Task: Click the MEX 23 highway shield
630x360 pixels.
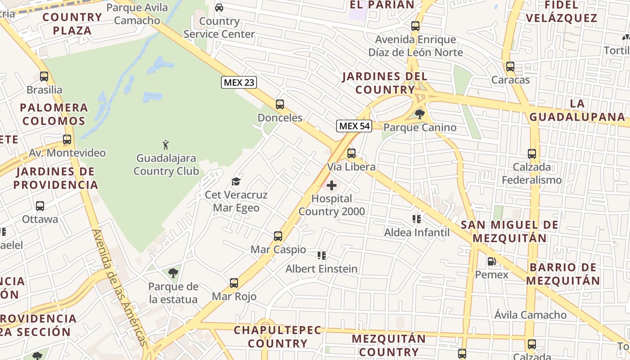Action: [239, 82]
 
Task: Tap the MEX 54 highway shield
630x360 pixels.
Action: [354, 126]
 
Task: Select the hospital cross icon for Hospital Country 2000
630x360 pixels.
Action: [332, 185]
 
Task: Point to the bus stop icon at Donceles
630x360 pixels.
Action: [280, 104]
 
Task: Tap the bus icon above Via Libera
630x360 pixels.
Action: [351, 153]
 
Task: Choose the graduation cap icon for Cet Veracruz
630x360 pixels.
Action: [236, 181]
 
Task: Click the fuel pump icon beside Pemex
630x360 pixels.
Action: [492, 261]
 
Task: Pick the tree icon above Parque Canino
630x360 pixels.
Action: [420, 114]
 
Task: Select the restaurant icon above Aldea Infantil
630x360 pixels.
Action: [417, 219]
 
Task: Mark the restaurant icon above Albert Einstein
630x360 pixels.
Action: [322, 256]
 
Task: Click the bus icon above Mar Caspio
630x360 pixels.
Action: [278, 236]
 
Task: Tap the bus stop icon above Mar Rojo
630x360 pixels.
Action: [234, 283]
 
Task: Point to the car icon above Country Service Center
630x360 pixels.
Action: [219, 8]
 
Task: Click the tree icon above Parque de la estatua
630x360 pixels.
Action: [173, 273]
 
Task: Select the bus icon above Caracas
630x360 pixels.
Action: [510, 67]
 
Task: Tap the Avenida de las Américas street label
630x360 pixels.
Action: [120, 288]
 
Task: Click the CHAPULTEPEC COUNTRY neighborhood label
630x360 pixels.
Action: [278, 337]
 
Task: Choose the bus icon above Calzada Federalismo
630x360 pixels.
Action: [532, 154]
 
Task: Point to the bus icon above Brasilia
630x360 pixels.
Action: [44, 76]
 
